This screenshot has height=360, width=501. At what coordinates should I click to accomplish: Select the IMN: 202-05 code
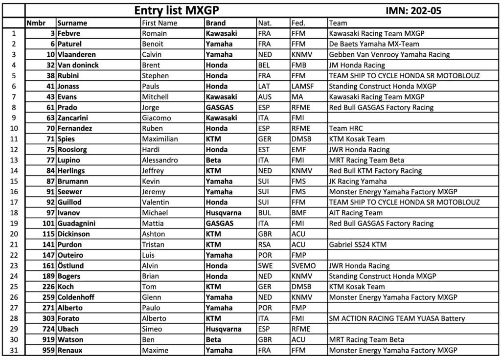click(x=413, y=11)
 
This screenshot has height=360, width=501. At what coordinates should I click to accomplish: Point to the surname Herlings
click(x=71, y=171)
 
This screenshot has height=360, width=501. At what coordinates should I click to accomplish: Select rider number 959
click(x=48, y=350)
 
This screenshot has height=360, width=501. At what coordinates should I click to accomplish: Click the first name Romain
click(x=154, y=34)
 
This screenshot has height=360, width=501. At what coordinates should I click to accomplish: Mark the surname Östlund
click(x=70, y=266)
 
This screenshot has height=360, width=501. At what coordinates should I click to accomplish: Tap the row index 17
click(x=14, y=202)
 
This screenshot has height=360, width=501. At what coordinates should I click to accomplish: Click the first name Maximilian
click(x=159, y=139)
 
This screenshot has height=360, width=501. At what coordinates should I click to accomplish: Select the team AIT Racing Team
click(x=356, y=213)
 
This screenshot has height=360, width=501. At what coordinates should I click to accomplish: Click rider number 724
click(x=48, y=329)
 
